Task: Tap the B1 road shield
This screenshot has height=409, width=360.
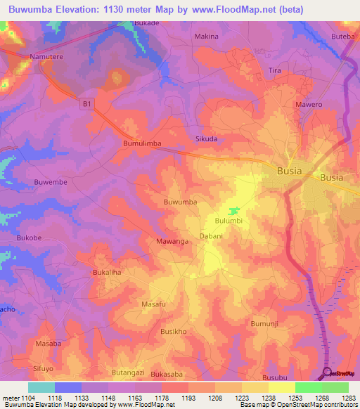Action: pyautogui.click(x=86, y=104)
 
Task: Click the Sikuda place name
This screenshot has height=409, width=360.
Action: pyautogui.click(x=206, y=139)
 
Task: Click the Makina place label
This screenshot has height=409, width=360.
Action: pyautogui.click(x=206, y=36)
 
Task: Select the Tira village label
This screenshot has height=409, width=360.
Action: pyautogui.click(x=274, y=71)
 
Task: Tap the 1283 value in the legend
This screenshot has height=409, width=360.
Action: pyautogui.click(x=349, y=398)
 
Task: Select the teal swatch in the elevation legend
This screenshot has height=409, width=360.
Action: pyautogui.click(x=41, y=387)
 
